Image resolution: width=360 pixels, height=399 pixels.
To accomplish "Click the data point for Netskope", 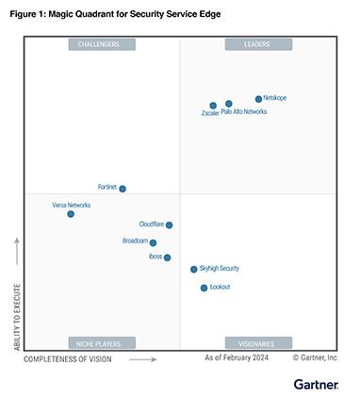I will (258, 99).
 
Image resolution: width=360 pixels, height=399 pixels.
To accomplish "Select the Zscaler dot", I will (213, 106).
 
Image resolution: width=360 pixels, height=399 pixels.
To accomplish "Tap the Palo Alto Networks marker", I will (229, 104).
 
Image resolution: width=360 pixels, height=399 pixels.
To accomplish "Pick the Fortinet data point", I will (123, 189).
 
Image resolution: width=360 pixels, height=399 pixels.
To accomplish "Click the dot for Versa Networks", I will (71, 214).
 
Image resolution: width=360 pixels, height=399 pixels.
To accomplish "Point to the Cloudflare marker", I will (169, 224).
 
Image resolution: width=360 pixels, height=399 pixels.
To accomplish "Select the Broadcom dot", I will (155, 242).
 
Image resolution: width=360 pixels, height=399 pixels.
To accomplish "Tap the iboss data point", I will (167, 258).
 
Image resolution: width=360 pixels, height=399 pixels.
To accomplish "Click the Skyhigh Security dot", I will (194, 270).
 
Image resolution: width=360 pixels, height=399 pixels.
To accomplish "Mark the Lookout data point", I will (204, 288).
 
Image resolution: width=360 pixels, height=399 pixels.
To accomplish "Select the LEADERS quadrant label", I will (257, 44).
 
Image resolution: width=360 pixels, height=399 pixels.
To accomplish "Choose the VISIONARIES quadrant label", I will (257, 343).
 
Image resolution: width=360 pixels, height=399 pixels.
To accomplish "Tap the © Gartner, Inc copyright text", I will (315, 358).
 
